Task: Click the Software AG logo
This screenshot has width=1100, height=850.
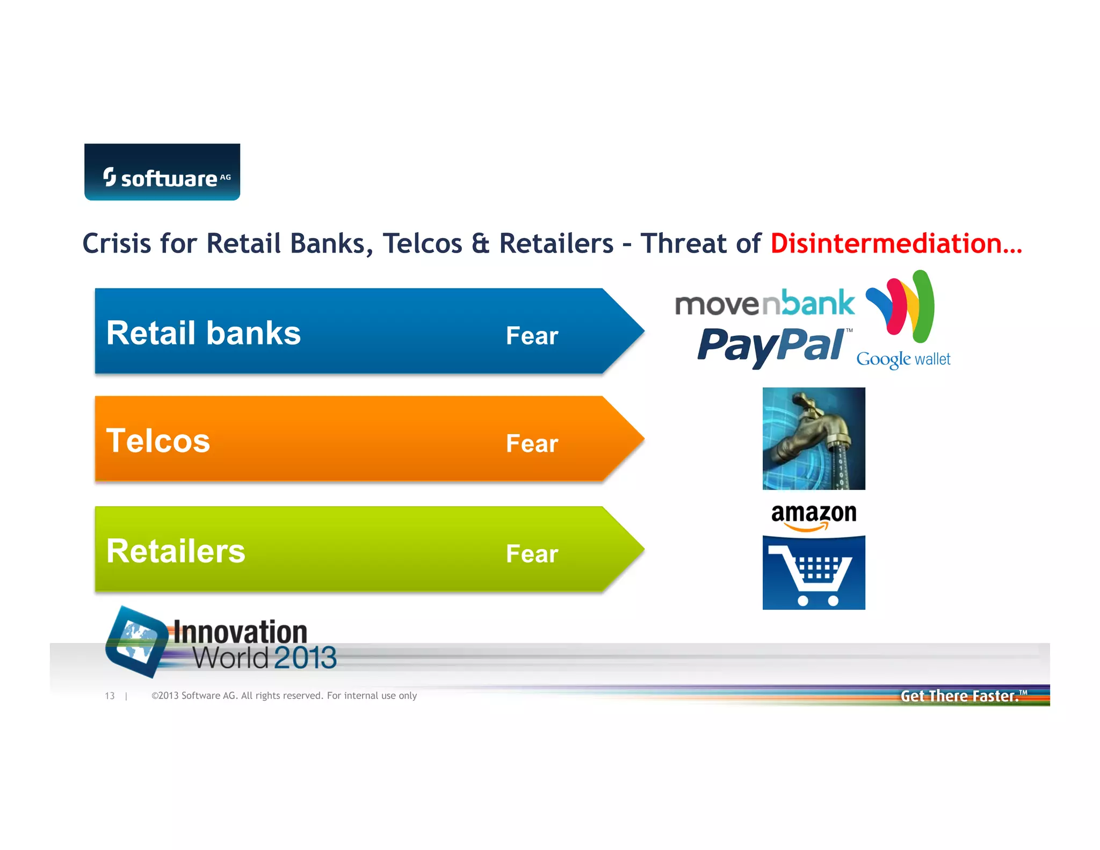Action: [162, 172]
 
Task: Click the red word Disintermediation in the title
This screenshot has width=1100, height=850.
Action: [895, 243]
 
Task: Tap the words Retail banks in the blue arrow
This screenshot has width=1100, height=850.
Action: [203, 333]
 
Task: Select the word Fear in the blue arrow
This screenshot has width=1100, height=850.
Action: [532, 336]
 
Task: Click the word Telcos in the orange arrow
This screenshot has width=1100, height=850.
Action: [158, 441]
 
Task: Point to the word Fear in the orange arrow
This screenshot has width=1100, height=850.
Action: [532, 444]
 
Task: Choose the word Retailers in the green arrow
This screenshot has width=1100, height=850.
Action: [176, 551]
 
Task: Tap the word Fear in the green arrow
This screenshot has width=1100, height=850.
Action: [532, 554]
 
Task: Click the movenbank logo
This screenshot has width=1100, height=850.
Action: [764, 304]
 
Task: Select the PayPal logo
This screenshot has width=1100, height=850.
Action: [771, 346]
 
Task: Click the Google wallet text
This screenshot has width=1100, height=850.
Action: [903, 359]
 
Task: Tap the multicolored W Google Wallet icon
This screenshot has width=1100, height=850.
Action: [901, 306]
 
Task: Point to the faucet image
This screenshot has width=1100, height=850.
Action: [814, 438]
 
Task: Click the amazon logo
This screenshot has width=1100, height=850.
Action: [814, 516]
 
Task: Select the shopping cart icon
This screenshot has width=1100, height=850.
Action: [814, 573]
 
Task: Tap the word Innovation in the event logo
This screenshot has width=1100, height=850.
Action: [240, 632]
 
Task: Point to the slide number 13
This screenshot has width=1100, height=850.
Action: [110, 696]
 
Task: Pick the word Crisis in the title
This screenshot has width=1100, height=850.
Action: [117, 243]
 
